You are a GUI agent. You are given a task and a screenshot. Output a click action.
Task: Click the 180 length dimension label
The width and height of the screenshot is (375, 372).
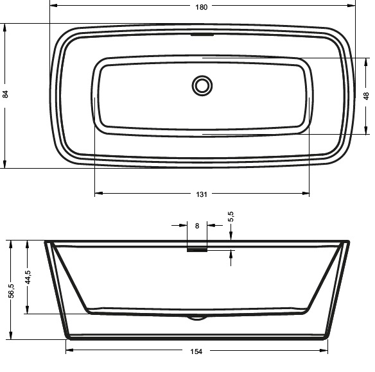click(201, 7)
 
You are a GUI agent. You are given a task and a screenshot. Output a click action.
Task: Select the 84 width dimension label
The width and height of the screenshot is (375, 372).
click(5, 94)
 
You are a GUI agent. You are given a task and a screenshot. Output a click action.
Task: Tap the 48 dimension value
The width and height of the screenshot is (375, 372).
click(366, 96)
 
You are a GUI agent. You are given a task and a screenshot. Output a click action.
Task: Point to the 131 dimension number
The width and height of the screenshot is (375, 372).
click(202, 194)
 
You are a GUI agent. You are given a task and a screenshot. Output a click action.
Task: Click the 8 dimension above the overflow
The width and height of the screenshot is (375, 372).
click(197, 226)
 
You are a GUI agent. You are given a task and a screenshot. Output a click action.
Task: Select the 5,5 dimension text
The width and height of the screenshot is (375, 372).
click(231, 216)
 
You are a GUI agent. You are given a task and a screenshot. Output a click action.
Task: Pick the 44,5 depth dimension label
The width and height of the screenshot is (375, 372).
click(28, 277)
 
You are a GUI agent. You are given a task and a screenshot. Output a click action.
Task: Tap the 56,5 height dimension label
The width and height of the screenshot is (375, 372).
click(12, 291)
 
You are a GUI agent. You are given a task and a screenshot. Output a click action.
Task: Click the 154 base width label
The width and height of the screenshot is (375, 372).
click(196, 351)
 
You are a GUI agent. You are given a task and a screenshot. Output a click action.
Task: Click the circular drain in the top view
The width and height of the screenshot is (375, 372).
click(202, 86)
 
